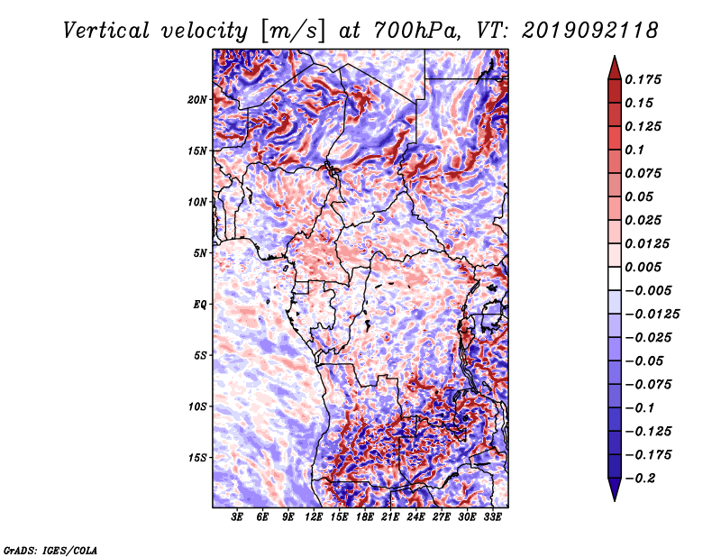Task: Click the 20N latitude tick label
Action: [x=197, y=100]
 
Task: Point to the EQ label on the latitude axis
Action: [x=200, y=305]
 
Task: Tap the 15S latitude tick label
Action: [x=197, y=458]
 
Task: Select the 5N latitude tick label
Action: [x=200, y=253]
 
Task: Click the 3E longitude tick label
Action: [x=237, y=517]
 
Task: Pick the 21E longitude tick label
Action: [x=390, y=517]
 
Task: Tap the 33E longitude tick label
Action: [x=492, y=517]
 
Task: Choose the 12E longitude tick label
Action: [x=314, y=517]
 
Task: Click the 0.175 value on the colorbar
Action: [x=643, y=80]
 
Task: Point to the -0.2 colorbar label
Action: [x=641, y=479]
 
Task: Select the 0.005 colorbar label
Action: [x=643, y=267]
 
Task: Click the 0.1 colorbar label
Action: [x=634, y=150]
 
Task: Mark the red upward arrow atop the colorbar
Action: [x=615, y=68]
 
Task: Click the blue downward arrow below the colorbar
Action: [x=615, y=489]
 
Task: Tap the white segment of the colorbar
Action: [x=615, y=278]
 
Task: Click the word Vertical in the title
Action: [x=106, y=31]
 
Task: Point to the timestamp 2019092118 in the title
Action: [x=590, y=31]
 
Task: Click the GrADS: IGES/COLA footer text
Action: [x=50, y=551]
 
